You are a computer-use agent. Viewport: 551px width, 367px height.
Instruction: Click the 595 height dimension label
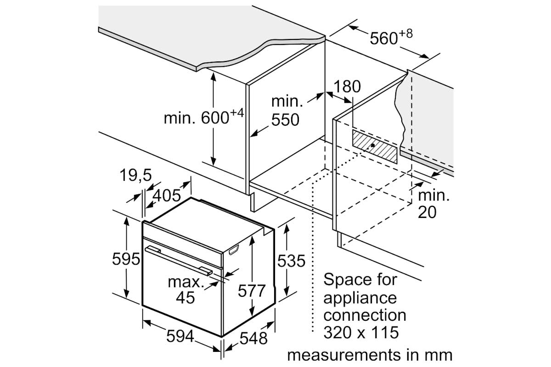click(126, 259)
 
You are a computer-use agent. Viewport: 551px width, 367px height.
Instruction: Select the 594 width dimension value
click(180, 336)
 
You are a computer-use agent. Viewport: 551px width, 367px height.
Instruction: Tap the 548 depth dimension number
click(253, 338)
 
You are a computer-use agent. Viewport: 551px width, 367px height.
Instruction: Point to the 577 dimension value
click(252, 291)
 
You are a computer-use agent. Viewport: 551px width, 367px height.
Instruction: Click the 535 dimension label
click(291, 261)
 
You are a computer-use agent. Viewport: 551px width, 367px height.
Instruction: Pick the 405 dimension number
click(167, 196)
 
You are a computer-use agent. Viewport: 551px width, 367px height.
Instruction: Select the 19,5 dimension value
click(135, 175)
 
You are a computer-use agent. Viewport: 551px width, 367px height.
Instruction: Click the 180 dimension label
click(347, 87)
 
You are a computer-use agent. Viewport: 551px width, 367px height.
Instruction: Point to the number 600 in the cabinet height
click(215, 118)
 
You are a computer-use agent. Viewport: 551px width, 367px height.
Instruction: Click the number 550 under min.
click(285, 120)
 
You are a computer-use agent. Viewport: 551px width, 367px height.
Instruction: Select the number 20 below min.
click(427, 212)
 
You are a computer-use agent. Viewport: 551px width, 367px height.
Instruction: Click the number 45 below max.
click(186, 297)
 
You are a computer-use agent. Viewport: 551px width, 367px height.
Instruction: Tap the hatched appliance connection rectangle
click(375, 146)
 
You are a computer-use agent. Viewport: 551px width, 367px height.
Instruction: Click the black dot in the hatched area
click(373, 145)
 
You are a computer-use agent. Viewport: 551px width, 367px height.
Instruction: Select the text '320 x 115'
click(361, 332)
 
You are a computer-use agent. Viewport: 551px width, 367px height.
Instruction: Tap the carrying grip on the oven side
click(234, 250)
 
